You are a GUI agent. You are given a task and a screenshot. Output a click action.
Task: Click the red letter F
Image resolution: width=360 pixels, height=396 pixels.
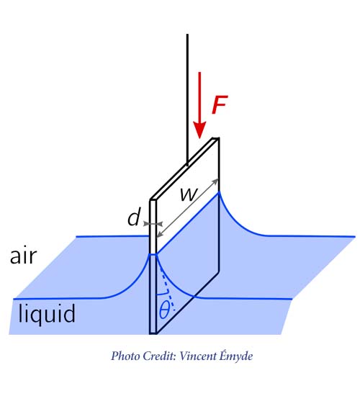pyautogui.click(x=220, y=104)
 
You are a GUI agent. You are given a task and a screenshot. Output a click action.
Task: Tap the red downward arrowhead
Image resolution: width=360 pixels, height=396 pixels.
pyautogui.click(x=199, y=130)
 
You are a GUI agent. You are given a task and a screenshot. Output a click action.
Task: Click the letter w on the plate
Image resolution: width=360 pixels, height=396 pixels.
pyautogui.click(x=189, y=194)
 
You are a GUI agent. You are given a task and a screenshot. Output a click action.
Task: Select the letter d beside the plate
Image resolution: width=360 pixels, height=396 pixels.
pyautogui.click(x=134, y=217)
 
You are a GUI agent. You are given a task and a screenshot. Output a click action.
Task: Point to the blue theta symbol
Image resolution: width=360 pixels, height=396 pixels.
pyautogui.click(x=164, y=310)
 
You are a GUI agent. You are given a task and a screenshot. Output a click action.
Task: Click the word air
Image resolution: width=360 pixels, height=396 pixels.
pyautogui.click(x=24, y=256)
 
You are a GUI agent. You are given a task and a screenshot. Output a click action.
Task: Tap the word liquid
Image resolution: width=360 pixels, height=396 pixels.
pyautogui.click(x=47, y=313)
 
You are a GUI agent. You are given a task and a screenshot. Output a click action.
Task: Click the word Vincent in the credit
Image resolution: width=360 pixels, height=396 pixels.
pyautogui.click(x=197, y=356)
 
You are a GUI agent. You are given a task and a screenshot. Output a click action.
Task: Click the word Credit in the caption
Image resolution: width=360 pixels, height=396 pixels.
pyautogui.click(x=159, y=356)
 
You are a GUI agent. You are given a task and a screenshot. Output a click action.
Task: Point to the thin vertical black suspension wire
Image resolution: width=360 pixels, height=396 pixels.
pyautogui.click(x=187, y=100)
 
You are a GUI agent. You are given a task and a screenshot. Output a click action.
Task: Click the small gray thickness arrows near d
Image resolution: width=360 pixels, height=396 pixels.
pyautogui.click(x=153, y=224)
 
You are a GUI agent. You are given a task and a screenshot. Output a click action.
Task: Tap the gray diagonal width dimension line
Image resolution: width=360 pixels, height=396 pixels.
pyautogui.click(x=187, y=208)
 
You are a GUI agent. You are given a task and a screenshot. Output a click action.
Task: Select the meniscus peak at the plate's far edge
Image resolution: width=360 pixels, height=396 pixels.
pyautogui.click(x=219, y=192)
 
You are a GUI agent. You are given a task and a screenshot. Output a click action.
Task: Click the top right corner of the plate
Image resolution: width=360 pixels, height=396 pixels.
pyautogui.click(x=219, y=138)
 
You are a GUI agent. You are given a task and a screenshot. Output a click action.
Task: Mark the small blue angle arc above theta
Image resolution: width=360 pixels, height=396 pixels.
pyautogui.click(x=163, y=294)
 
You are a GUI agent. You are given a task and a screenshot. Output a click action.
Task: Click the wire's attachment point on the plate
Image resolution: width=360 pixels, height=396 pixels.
pyautogui.click(x=187, y=166)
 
